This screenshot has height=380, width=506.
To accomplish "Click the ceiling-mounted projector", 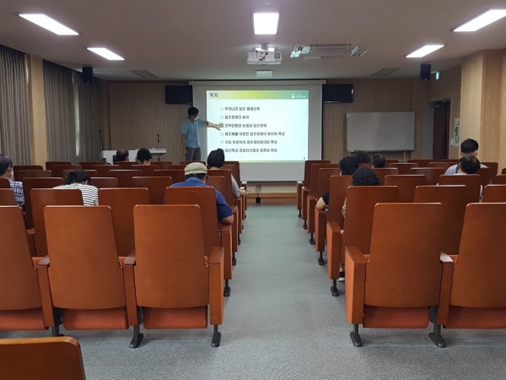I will click(x=264, y=57).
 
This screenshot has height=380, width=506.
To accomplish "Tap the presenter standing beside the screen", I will click(x=193, y=133).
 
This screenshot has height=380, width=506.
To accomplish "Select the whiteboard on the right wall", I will click(x=379, y=132).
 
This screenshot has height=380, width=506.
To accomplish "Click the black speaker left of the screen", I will click(x=178, y=94).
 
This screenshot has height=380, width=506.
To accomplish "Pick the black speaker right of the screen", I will click(x=337, y=93).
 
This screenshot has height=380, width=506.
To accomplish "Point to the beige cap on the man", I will click(x=196, y=169).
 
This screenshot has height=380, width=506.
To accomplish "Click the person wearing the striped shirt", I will click(x=81, y=187).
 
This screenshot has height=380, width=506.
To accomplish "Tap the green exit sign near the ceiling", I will click(x=436, y=75).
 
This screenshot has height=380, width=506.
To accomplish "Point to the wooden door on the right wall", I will click(x=440, y=130).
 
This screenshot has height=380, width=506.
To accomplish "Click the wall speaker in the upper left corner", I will click(x=87, y=74).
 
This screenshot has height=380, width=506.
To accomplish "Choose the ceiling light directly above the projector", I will click(x=266, y=23).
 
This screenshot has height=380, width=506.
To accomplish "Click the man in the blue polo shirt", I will click(x=202, y=190).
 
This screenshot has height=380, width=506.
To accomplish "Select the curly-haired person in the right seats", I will click(x=365, y=177).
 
